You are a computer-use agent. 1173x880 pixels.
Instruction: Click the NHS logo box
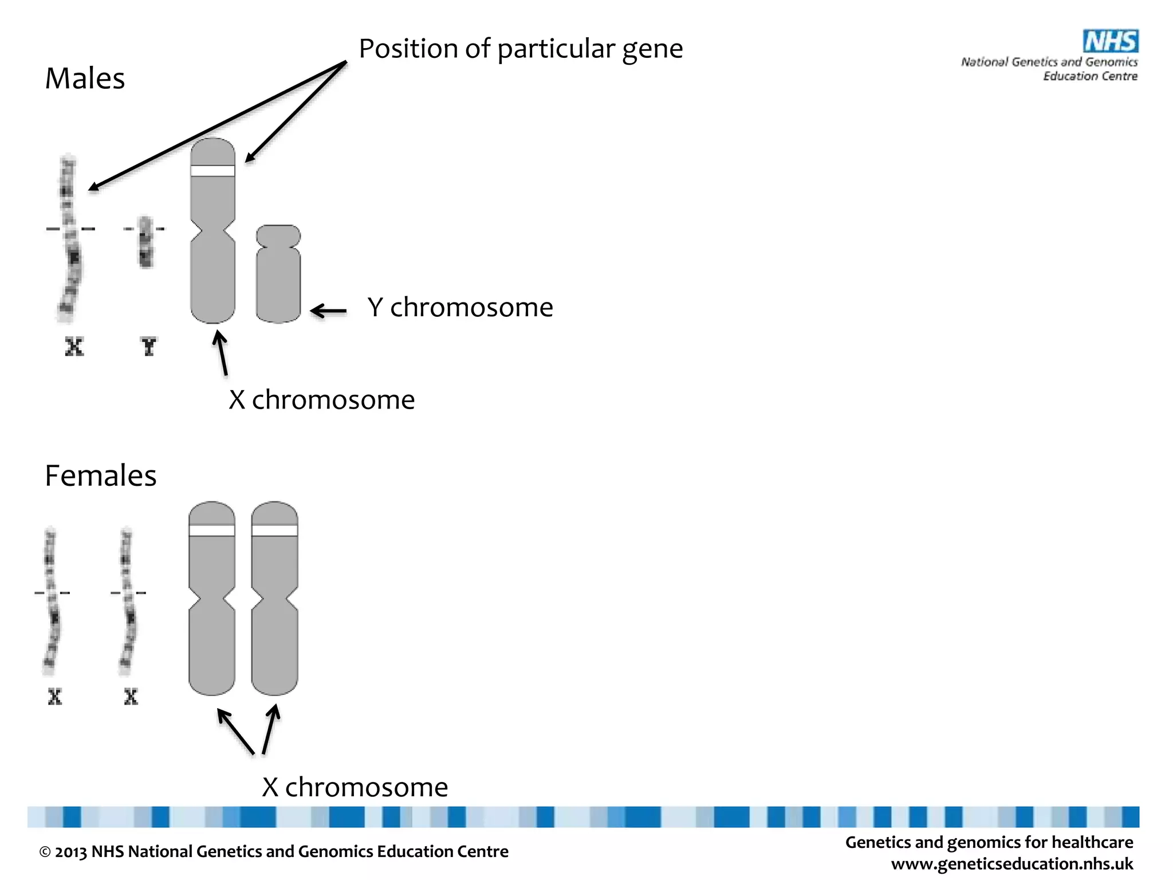click(x=1110, y=41)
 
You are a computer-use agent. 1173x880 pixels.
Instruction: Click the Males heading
click(x=85, y=78)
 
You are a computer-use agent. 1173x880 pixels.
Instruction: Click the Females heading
click(x=100, y=476)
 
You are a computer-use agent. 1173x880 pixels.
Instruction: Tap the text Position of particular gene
click(x=521, y=49)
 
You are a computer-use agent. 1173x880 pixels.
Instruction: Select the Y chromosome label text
click(x=460, y=308)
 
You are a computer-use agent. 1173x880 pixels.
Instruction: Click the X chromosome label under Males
click(x=321, y=400)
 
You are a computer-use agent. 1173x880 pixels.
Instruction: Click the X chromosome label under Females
click(x=355, y=787)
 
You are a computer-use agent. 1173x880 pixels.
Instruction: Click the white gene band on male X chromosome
click(x=212, y=171)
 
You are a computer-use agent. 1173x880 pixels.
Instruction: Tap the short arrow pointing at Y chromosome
click(x=329, y=311)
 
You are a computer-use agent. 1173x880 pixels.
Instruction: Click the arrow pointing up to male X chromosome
click(x=221, y=353)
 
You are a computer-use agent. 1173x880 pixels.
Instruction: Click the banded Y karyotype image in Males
click(x=145, y=242)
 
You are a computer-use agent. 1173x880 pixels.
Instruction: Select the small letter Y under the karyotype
click(x=148, y=347)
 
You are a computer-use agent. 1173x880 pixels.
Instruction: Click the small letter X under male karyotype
click(x=74, y=347)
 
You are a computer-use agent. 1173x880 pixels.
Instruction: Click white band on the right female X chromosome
click(x=274, y=531)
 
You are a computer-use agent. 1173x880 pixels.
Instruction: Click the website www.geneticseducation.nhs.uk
click(x=1012, y=863)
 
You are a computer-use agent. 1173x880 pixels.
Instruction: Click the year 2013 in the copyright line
click(x=70, y=852)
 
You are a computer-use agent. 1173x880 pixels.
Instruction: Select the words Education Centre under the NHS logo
click(x=1090, y=76)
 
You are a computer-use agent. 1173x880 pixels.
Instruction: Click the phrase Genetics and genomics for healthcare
click(x=989, y=842)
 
